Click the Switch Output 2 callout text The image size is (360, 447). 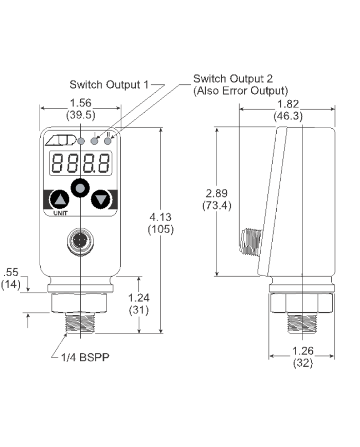[x=233, y=79]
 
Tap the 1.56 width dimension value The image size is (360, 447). [x=80, y=103]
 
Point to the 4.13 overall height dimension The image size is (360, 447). [x=160, y=217]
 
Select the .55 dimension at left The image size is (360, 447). [x=11, y=273]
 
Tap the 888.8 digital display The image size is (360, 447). [x=80, y=164]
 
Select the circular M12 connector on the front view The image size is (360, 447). [x=80, y=241]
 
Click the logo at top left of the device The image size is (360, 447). [x=60, y=140]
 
